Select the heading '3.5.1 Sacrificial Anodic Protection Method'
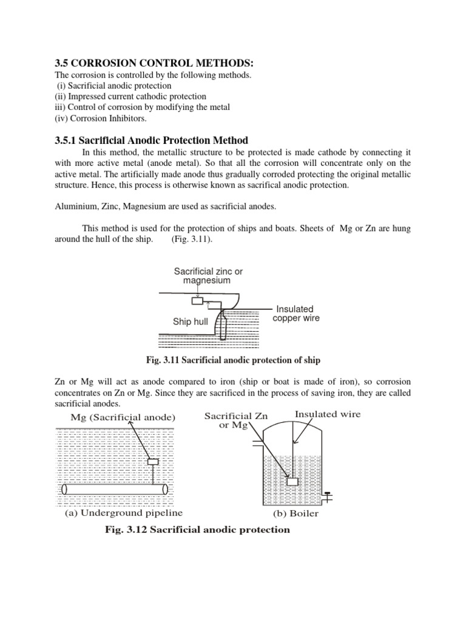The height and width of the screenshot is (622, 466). click(152, 140)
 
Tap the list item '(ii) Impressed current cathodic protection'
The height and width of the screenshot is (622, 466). click(130, 97)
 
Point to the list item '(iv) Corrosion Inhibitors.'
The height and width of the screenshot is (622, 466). click(101, 118)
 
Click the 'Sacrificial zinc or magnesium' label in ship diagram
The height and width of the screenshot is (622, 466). click(208, 276)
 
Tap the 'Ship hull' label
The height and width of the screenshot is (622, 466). click(191, 322)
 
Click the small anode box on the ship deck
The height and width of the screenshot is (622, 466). click(197, 301)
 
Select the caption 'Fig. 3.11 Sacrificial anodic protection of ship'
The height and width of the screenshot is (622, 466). click(233, 360)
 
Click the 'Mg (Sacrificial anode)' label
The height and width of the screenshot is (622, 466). click(122, 417)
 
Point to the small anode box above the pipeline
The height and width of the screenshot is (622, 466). click(153, 462)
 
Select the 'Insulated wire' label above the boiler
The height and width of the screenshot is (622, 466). click(327, 414)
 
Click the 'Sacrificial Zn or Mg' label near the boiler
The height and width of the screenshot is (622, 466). click(235, 420)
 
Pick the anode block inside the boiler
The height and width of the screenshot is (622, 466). click(292, 482)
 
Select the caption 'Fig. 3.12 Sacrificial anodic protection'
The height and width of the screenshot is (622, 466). click(198, 530)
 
